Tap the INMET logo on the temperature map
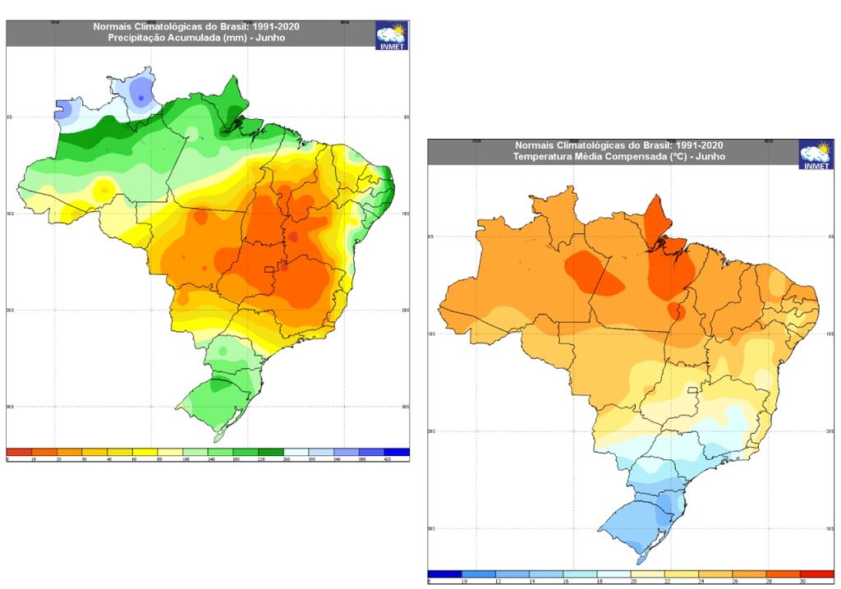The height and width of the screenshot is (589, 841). [816, 154]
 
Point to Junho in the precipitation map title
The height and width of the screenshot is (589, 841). [270, 38]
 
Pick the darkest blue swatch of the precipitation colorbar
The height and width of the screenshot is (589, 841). [397, 452]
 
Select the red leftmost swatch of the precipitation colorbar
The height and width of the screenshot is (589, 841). [19, 452]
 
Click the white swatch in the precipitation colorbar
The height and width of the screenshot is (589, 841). [296, 452]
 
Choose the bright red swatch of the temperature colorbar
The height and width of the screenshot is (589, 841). [816, 574]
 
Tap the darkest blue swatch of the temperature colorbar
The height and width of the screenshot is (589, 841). [445, 574]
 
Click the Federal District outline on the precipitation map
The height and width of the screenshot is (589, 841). [268, 270]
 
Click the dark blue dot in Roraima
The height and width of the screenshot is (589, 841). [141, 99]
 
